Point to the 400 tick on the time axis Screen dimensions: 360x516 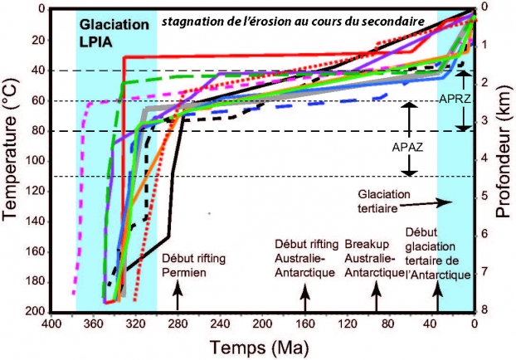point(51,325)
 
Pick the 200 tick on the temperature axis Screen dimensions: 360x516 point(34,311)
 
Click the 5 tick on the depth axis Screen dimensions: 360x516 point(484,197)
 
